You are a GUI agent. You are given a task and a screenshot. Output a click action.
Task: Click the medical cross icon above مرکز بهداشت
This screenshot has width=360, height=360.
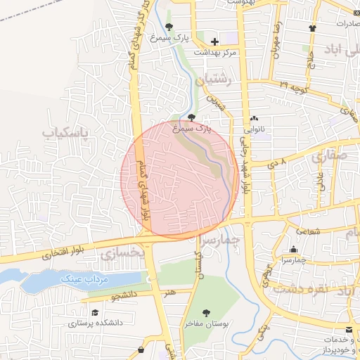pyautogui.click(x=214, y=41)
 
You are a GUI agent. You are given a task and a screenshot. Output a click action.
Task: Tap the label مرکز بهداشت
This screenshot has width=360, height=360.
pyautogui.click(x=216, y=53)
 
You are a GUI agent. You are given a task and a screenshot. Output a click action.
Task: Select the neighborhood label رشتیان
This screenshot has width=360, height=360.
pyautogui.click(x=214, y=81)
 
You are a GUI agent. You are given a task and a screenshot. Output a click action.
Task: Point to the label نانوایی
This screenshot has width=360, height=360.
pyautogui.click(x=255, y=129)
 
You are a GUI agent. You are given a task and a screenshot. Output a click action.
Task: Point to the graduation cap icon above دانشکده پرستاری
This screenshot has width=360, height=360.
pyautogui.click(x=94, y=311)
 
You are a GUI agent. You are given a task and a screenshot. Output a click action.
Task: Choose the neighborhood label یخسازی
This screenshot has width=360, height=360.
pyautogui.click(x=122, y=251)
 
